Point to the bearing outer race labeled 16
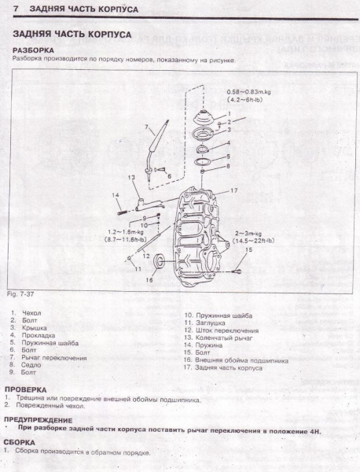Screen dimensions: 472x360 [x=160, y=261]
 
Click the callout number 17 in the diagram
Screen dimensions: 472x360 [x=233, y=191]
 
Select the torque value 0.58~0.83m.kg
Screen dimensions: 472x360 [x=249, y=93]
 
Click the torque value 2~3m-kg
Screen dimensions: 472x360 [x=249, y=234]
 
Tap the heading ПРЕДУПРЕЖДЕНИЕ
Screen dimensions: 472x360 [x=36, y=419]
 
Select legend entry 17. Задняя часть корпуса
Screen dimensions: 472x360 [x=223, y=367]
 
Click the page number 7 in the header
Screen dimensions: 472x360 [x=7, y=8]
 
